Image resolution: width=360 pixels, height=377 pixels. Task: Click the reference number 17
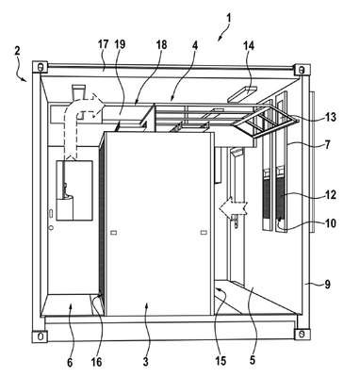point(104,44)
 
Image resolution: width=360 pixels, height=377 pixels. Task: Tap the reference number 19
point(120,44)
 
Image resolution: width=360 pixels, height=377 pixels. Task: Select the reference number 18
point(161,45)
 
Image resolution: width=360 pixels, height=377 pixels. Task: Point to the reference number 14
point(248,45)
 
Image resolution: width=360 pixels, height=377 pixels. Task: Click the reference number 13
point(330,118)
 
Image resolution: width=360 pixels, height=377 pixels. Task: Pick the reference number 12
point(330,195)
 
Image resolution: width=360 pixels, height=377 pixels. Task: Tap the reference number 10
point(330,223)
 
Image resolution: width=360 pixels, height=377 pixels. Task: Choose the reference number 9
point(327,285)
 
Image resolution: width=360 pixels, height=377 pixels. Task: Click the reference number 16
point(97,362)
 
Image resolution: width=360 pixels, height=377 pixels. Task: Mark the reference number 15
point(221,361)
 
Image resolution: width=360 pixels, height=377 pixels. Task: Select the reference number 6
point(70,363)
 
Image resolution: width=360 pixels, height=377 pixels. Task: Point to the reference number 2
point(17,51)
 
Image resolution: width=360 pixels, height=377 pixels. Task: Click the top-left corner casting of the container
point(40,67)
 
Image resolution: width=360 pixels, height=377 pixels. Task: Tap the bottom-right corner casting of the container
point(302,334)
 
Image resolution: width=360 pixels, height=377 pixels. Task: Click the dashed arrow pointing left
point(234,207)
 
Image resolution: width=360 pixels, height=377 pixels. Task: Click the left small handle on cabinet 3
point(114,233)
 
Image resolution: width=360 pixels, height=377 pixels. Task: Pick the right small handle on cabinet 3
point(204,232)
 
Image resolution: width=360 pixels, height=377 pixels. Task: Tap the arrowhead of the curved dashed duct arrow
point(98,102)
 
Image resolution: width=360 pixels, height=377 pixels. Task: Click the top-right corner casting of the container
point(303,70)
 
